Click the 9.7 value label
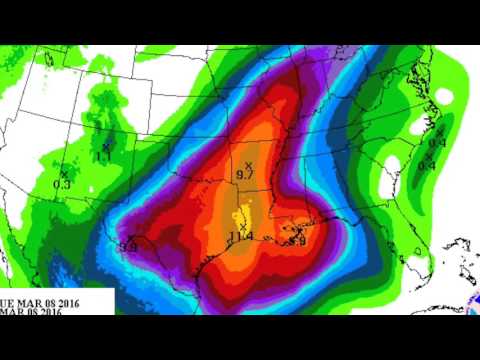click(243, 175)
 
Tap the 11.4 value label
click(240, 236)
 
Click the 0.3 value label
click(61, 184)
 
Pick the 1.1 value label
click(104, 158)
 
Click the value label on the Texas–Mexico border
click(128, 245)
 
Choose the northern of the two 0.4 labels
click(437, 142)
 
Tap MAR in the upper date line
click(32, 300)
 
